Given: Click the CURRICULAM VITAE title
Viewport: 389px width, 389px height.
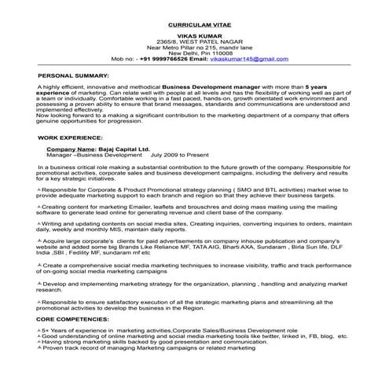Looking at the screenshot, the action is tap(193, 25).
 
